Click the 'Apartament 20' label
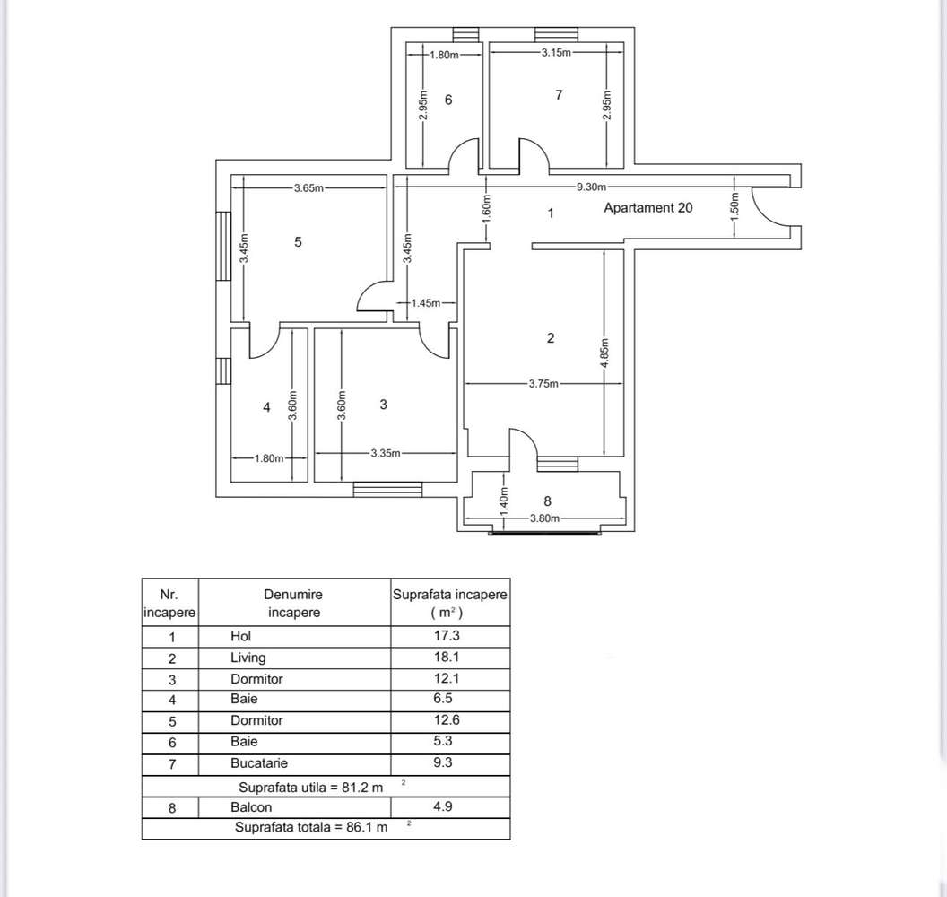(647, 208)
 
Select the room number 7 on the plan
(559, 94)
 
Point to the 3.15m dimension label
(556, 53)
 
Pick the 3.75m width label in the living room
(543, 384)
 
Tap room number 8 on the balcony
(547, 501)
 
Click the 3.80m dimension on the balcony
(544, 518)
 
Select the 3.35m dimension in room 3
(386, 453)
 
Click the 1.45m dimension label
(426, 303)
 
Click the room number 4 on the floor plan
(266, 407)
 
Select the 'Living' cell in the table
(248, 658)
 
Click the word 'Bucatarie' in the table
(259, 763)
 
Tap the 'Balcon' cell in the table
(251, 806)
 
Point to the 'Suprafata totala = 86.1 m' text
(311, 827)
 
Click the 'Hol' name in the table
(240, 636)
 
